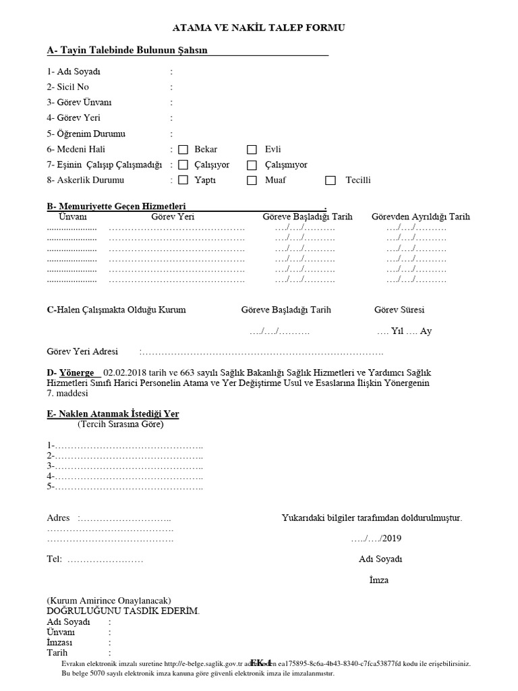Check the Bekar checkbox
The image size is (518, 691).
tap(183, 150)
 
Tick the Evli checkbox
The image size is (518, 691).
tap(252, 150)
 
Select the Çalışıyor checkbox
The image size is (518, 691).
tap(183, 165)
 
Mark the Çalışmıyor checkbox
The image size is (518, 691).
tap(252, 165)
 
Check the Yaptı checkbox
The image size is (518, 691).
tap(183, 181)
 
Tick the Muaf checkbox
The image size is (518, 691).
tap(252, 181)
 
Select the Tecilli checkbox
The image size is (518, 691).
tap(330, 181)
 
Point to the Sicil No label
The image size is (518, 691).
tap(68, 87)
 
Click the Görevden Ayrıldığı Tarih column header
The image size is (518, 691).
tap(421, 217)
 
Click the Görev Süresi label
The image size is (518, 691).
tap(399, 310)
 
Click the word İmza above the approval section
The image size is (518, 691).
tap(379, 580)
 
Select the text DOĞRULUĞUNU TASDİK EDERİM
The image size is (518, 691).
tap(123, 611)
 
